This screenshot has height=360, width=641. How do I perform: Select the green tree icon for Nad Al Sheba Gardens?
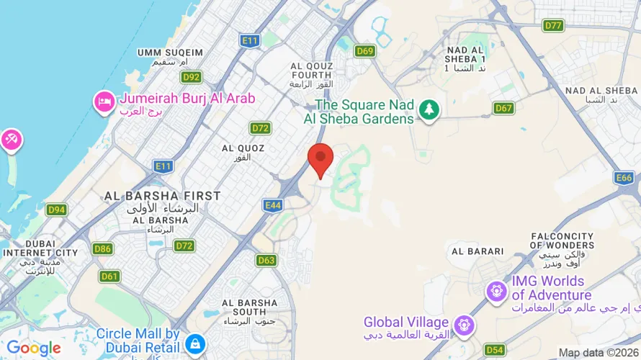tap(430, 110)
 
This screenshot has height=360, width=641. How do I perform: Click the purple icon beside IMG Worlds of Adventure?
tap(496, 291)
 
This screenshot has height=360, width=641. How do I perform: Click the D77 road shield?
tap(553, 25)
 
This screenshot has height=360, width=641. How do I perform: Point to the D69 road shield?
tap(365, 50)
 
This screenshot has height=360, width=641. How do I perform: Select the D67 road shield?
tap(504, 108)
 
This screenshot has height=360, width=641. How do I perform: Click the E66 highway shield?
tap(624, 177)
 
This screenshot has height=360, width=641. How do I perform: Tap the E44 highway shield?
tap(273, 205)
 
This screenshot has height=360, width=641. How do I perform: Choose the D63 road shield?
tap(266, 260)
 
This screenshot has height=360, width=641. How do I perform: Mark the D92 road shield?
tap(192, 77)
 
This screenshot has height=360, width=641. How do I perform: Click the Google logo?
tap(33, 348)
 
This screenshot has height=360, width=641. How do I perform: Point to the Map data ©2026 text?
tap(597, 353)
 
